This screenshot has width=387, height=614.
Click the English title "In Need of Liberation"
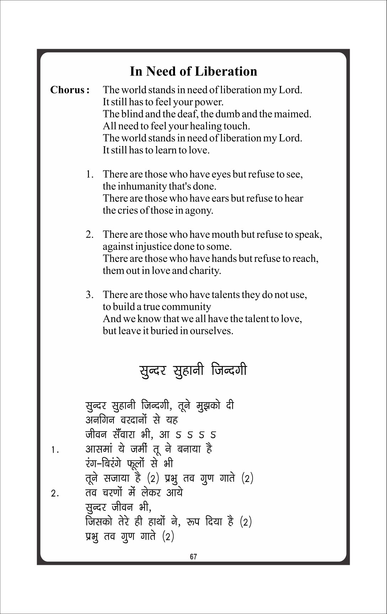click(x=193, y=71)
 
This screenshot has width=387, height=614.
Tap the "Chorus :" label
click(x=69, y=90)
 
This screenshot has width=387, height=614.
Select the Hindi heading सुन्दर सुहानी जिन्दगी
click(x=192, y=370)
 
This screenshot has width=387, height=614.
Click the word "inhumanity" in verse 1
click(x=142, y=187)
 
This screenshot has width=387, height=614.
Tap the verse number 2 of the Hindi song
click(x=54, y=494)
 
